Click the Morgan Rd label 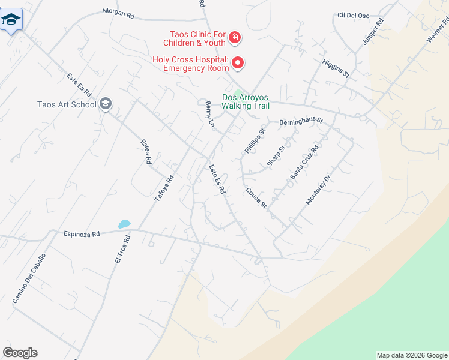tap(118, 13)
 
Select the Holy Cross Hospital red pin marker tap(238, 62)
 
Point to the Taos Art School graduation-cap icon tap(106, 104)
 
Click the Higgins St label tap(335, 68)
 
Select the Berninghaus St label tap(301, 122)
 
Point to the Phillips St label tap(254, 140)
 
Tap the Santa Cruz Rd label tap(304, 160)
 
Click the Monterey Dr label tap(318, 190)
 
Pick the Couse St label tap(256, 198)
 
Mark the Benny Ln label tap(210, 114)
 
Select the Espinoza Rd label tap(81, 234)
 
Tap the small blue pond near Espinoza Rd tap(124, 224)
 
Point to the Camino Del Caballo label tap(28, 277)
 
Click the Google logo tap(20, 353)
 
